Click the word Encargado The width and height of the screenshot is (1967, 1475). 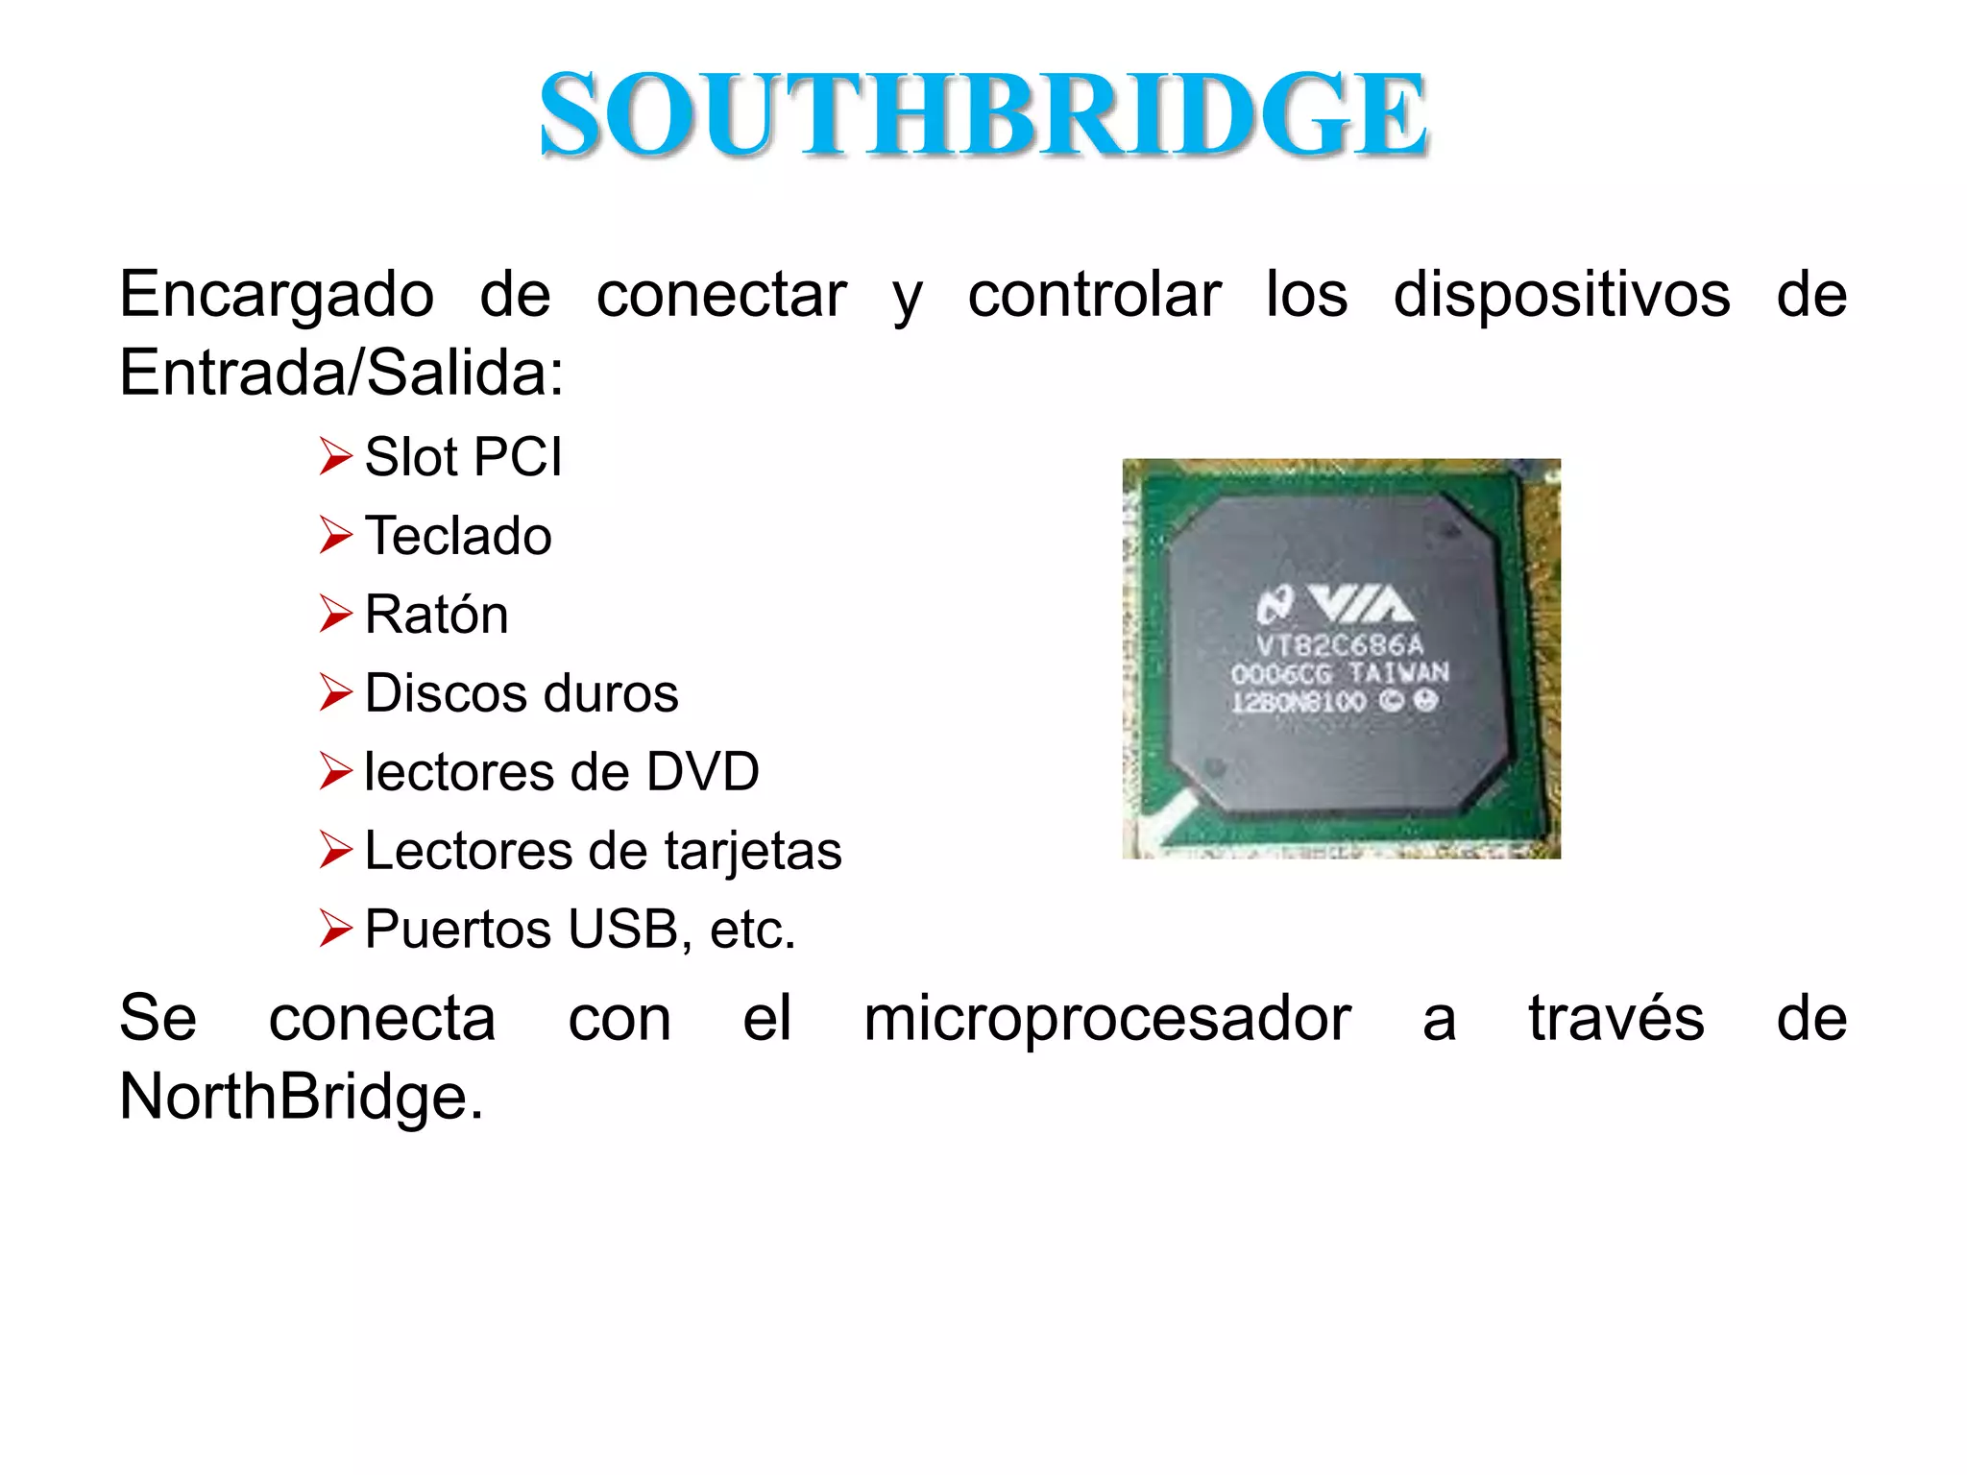[277, 294]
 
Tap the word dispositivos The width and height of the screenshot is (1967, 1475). [1562, 294]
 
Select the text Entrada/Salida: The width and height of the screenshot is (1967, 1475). [342, 373]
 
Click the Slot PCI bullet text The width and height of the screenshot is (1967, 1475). [463, 457]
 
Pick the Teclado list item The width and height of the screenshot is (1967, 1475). [458, 536]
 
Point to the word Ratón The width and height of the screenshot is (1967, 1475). [436, 615]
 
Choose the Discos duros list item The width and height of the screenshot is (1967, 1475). [522, 693]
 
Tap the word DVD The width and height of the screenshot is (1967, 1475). [702, 772]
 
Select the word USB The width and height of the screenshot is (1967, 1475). [624, 930]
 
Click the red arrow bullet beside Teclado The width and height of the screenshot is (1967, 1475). [335, 535]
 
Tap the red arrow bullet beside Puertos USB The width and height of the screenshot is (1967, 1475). [335, 929]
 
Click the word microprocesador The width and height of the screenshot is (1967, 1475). [1106, 1018]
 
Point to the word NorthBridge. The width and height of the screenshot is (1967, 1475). [300, 1097]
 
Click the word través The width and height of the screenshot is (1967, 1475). [1615, 1018]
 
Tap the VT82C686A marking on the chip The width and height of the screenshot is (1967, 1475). [1340, 644]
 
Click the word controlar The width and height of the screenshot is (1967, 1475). [1094, 294]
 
